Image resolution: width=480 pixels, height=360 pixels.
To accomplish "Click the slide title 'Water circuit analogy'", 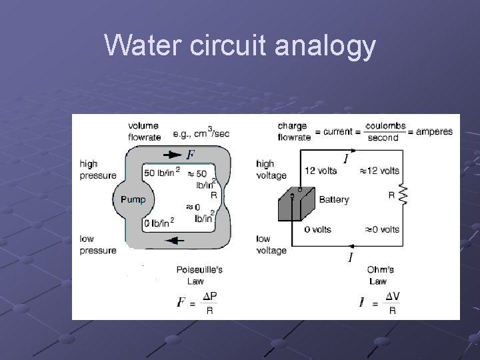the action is click(240, 47).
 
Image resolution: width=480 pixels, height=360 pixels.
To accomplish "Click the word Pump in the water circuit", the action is click(133, 199).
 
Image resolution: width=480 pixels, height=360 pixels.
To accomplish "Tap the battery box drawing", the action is click(295, 203).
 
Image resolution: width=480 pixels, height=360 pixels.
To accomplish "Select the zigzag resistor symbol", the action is click(402, 195).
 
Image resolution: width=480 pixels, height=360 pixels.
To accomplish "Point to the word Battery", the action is click(334, 199).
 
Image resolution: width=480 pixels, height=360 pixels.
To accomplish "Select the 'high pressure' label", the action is click(97, 169).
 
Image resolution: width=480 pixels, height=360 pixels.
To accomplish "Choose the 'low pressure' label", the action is click(97, 244).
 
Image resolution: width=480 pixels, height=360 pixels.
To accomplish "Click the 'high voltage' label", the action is click(271, 169).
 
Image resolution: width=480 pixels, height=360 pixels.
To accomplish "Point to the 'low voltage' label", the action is click(271, 244).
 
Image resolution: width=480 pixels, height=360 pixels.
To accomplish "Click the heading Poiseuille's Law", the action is click(199, 275).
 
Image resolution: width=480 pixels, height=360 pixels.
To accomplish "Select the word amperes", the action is click(434, 131).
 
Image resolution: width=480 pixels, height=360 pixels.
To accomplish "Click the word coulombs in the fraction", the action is click(385, 126).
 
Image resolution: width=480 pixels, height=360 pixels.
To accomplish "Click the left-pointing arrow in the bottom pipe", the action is click(174, 240).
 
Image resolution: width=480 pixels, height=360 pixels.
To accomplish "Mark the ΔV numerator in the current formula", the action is click(393, 296).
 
